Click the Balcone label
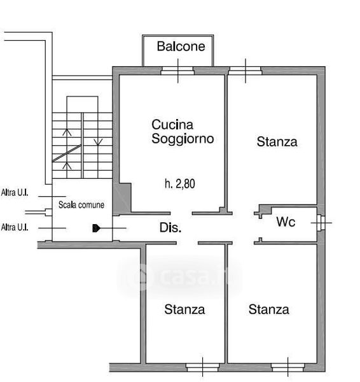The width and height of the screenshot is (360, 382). click(x=181, y=46)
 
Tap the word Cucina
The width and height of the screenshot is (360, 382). click(x=172, y=125)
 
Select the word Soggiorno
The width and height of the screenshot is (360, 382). click(x=183, y=139)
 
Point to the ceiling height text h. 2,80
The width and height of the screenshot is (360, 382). click(x=179, y=184)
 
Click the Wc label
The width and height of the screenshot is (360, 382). click(x=286, y=222)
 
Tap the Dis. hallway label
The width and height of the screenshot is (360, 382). click(x=170, y=227)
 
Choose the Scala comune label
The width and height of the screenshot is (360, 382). click(x=81, y=205)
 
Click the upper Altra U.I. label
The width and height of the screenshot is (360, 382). click(x=15, y=192)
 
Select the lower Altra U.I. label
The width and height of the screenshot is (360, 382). click(x=15, y=227)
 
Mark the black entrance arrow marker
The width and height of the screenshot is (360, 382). click(x=97, y=229)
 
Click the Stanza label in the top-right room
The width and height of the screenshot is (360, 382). click(x=277, y=142)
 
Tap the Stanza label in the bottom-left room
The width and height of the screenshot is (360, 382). click(x=184, y=309)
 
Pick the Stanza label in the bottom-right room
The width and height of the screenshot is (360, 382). click(x=268, y=309)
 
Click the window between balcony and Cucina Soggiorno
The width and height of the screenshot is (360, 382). click(x=177, y=71)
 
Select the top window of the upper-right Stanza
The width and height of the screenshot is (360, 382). click(x=245, y=71)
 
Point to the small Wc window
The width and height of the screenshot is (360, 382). click(x=321, y=223)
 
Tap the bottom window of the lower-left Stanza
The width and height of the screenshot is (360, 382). click(x=202, y=367)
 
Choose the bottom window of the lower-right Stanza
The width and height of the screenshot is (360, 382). click(x=287, y=367)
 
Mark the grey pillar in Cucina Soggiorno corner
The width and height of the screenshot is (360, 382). click(x=122, y=198)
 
